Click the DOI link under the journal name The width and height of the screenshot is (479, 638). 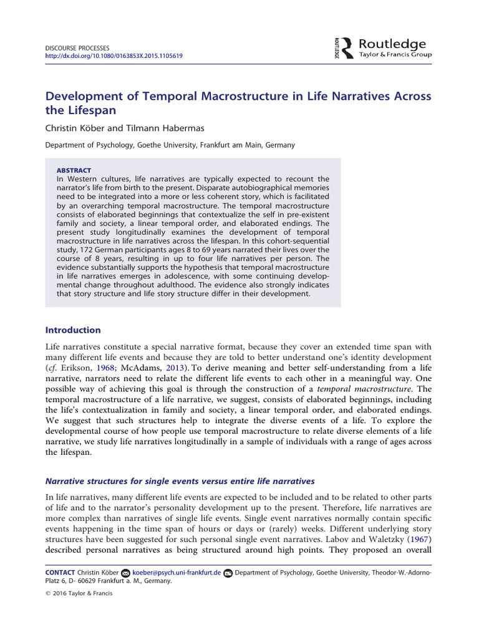coord(115,55)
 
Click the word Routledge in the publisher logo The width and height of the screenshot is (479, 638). coord(392,44)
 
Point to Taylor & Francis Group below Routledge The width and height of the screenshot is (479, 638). coord(395,55)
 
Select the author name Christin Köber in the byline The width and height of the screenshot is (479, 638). coord(75,128)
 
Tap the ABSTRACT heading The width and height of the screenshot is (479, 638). coord(74,170)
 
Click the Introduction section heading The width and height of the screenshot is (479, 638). coord(73,330)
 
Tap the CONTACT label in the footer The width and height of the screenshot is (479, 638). coord(60,573)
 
